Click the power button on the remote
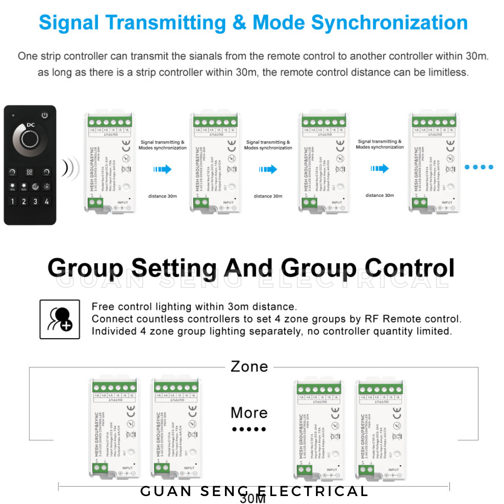45,115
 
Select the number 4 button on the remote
47,202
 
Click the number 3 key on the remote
35,202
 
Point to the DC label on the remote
31,125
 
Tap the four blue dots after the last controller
479,167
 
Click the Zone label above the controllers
249,366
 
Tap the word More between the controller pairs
249,413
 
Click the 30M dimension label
253,499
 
